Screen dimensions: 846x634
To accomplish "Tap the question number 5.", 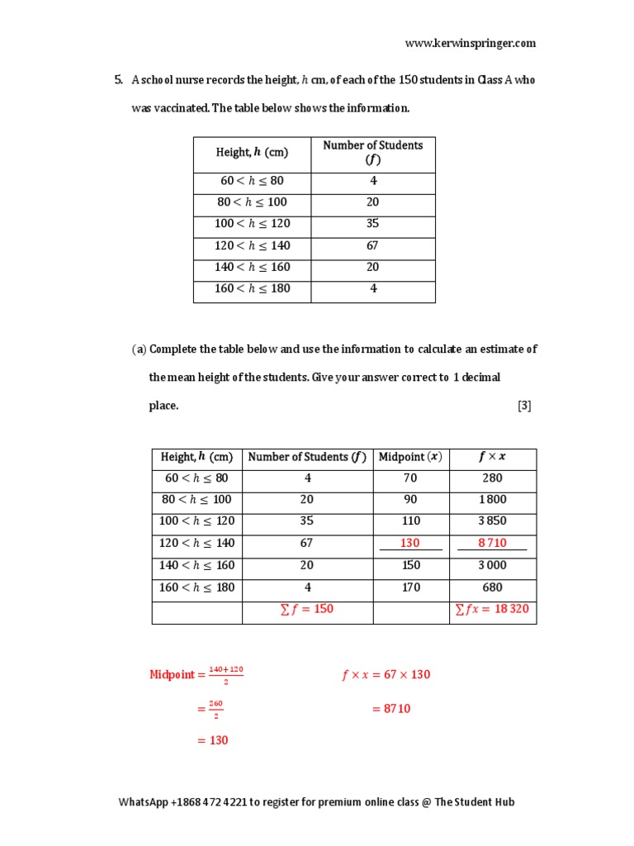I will click(118, 80).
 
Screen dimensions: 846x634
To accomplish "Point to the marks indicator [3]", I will click(525, 406).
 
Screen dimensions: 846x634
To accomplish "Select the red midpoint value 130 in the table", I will click(410, 543).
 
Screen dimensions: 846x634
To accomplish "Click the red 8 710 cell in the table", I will click(492, 543).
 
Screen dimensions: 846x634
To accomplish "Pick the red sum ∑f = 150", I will click(307, 609).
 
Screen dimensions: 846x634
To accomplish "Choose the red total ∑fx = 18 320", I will click(493, 609).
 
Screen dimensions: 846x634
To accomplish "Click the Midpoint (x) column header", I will click(410, 457).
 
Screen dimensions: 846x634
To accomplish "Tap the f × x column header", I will click(493, 457).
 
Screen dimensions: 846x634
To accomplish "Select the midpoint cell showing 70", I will click(410, 478).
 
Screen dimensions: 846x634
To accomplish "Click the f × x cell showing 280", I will click(493, 478).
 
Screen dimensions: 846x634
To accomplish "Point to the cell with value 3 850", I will click(493, 521).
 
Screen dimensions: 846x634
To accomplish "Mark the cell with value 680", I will click(493, 587).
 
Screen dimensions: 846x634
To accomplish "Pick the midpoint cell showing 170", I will click(410, 587).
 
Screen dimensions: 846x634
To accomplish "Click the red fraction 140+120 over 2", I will click(225, 675).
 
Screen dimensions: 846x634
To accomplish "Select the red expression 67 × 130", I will click(400, 675).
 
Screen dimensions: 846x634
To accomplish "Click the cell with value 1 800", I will click(493, 500).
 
